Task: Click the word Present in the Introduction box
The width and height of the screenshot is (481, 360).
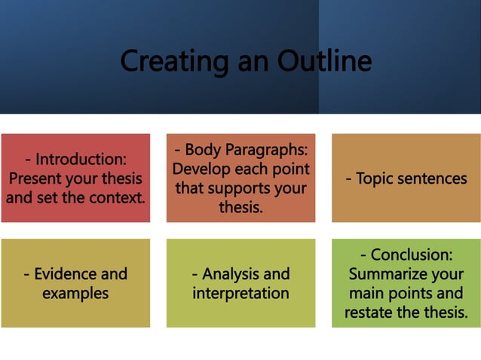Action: (x=35, y=178)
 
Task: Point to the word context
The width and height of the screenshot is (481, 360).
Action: (x=119, y=198)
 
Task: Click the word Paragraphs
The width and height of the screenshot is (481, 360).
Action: (x=265, y=149)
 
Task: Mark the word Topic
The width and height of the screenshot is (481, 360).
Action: (x=375, y=178)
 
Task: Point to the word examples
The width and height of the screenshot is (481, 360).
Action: (x=75, y=293)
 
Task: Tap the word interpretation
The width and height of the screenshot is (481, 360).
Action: (x=240, y=293)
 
